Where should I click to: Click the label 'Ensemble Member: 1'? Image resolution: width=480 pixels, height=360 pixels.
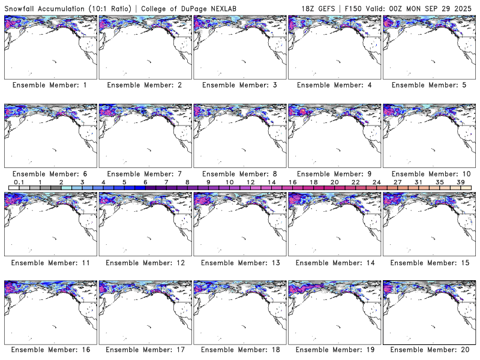(x=50, y=85)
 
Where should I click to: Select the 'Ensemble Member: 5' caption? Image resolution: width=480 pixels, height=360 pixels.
(x=429, y=85)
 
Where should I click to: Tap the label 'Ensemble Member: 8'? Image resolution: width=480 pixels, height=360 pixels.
(x=239, y=174)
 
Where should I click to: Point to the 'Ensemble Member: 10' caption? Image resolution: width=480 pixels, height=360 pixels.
(x=429, y=174)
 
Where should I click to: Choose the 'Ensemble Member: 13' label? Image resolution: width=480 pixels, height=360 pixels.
(x=239, y=263)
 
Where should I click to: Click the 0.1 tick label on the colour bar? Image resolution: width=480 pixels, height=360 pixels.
(x=19, y=182)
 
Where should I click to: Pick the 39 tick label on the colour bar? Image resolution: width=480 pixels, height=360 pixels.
(x=461, y=182)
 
